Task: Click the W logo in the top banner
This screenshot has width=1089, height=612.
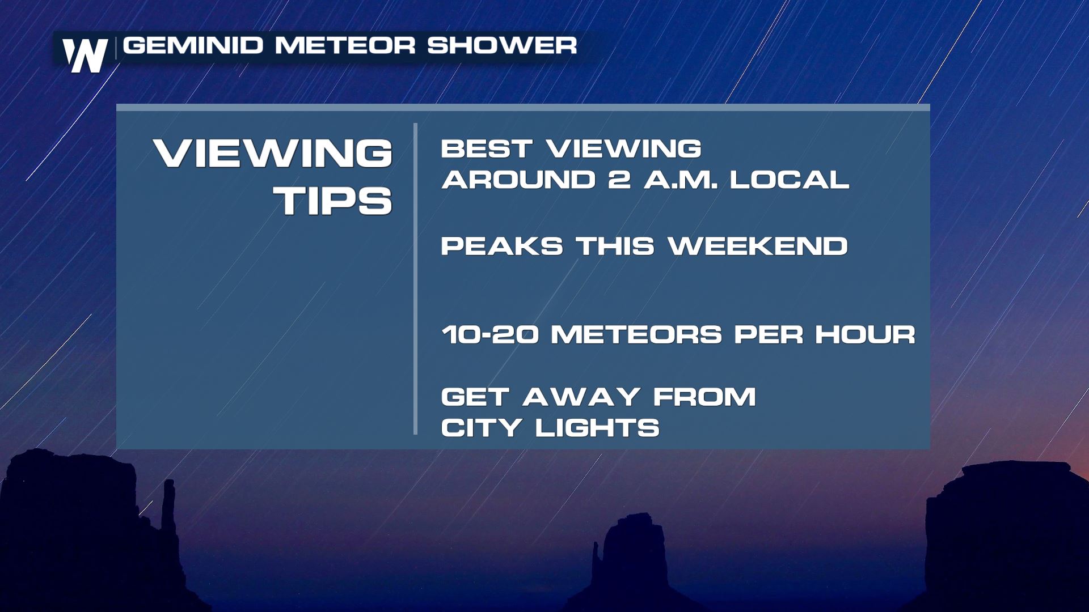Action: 85,56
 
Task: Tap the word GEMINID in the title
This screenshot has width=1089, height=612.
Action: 193,45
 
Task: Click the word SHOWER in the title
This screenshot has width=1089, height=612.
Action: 502,45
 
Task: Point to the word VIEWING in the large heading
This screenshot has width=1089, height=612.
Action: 273,153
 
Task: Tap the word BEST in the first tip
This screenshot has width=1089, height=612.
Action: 486,149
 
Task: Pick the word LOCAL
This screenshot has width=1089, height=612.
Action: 789,180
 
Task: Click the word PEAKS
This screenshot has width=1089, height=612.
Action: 502,246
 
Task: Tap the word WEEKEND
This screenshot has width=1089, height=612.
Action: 758,246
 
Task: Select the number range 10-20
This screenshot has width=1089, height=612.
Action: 490,334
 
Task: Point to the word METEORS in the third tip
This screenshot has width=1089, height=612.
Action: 636,334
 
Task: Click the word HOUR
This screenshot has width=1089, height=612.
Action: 866,334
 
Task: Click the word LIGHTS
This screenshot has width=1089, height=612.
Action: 597,428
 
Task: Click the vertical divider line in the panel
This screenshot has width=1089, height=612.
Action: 416,279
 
